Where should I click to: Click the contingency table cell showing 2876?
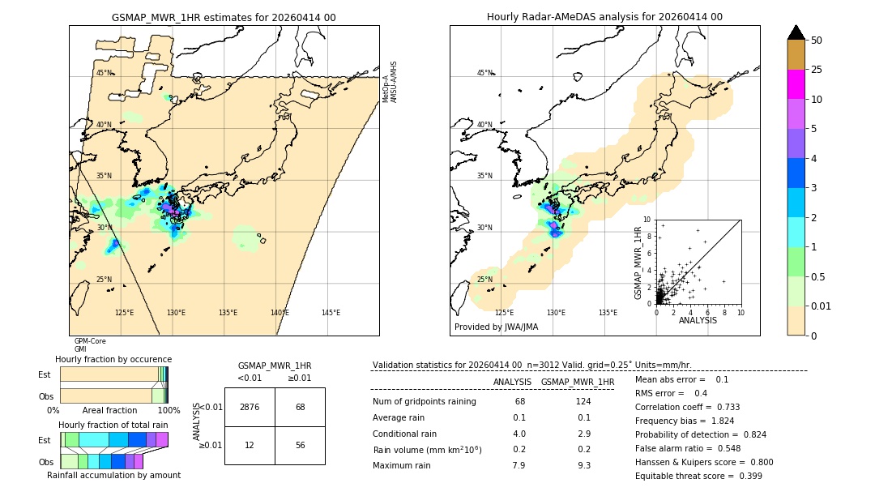click(x=250, y=407)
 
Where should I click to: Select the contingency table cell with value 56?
click(x=300, y=445)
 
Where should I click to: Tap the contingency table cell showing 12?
click(x=250, y=445)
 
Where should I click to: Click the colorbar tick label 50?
click(x=817, y=41)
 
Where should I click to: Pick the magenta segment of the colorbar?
click(x=796, y=84)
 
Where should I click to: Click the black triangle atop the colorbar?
click(x=796, y=32)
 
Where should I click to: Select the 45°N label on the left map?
click(x=105, y=73)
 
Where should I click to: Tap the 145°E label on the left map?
click(x=331, y=313)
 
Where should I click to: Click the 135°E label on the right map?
click(x=608, y=313)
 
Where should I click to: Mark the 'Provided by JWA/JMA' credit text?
click(x=496, y=327)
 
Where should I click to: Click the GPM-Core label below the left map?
click(x=90, y=341)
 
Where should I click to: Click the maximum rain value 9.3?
click(x=583, y=465)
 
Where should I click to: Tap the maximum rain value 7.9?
click(x=519, y=465)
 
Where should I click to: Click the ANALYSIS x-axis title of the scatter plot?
click(x=698, y=320)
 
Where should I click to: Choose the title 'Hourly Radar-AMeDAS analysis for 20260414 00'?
click(x=604, y=17)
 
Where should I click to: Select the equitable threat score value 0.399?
click(x=745, y=476)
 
